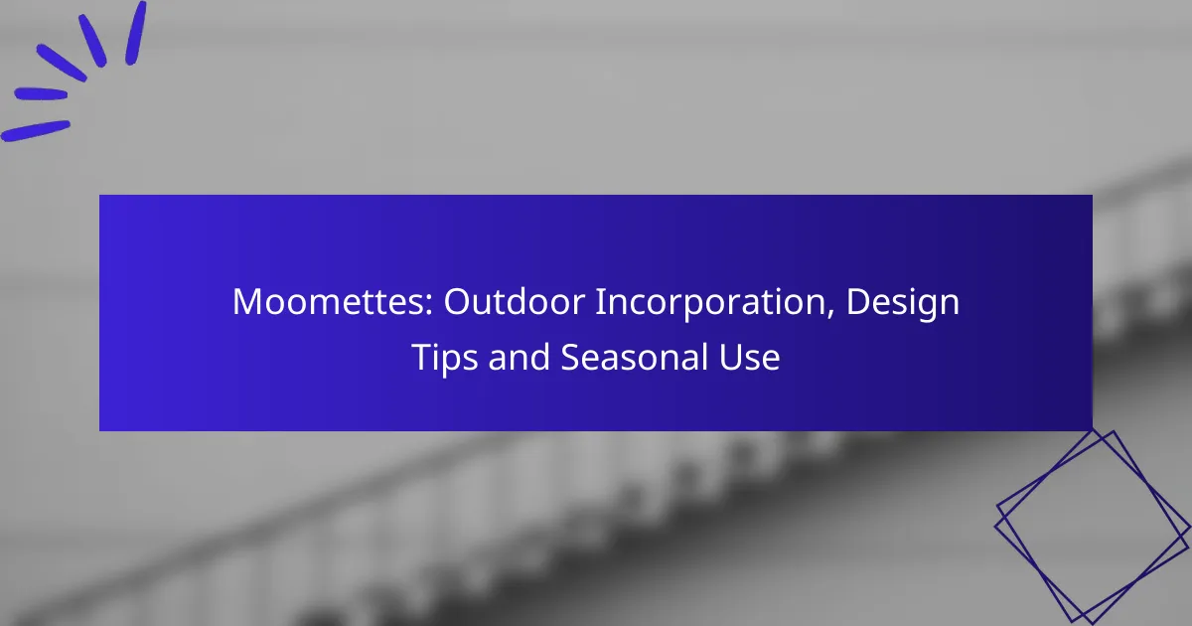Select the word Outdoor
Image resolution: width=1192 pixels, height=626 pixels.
point(515,302)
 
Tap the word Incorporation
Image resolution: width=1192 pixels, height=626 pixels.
point(710,303)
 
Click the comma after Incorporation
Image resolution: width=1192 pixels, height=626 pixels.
point(830,313)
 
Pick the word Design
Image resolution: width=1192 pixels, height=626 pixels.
point(903,303)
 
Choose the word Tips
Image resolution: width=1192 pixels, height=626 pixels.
point(444,359)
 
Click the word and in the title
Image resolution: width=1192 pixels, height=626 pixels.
point(519,357)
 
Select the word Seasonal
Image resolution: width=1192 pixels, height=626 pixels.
point(634,357)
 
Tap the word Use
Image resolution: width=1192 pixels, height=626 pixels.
point(749,357)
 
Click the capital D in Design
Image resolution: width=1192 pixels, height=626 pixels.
point(858,302)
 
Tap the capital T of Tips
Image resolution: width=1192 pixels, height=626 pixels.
point(422,357)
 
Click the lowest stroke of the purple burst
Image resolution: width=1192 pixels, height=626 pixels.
point(36,131)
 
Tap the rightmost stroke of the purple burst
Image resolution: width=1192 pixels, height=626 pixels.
point(136,33)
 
